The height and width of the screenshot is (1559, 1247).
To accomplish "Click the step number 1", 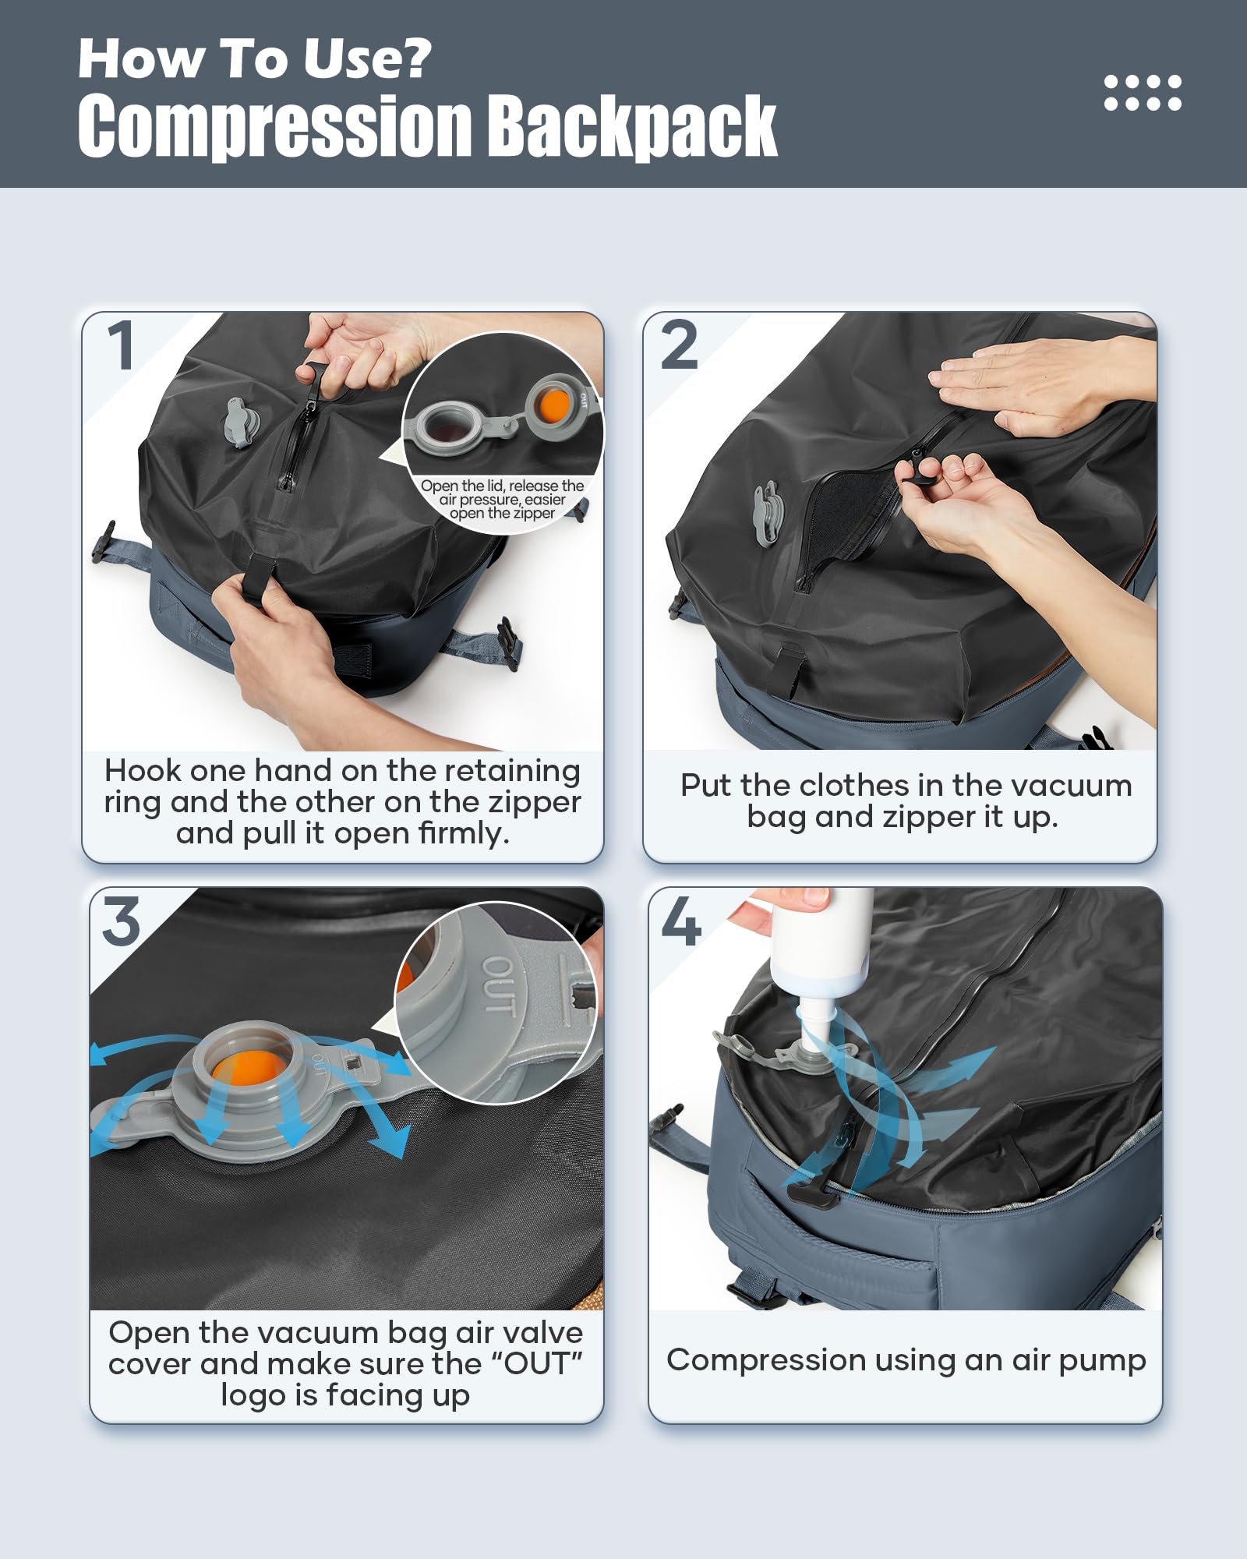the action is pos(122,345).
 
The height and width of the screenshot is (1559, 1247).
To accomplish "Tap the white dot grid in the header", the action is pos(1143,93).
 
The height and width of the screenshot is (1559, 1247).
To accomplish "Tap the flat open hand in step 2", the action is pos(1037,385).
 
